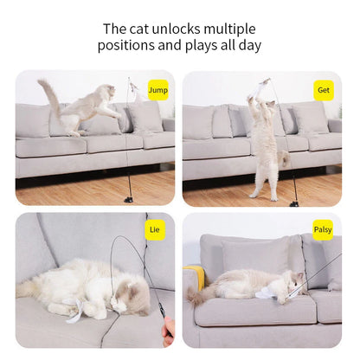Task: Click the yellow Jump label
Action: point(157,89)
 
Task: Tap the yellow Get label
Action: point(324,89)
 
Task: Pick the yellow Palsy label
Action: point(323,229)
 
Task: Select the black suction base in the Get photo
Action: point(294,202)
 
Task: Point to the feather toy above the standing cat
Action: point(264,87)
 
